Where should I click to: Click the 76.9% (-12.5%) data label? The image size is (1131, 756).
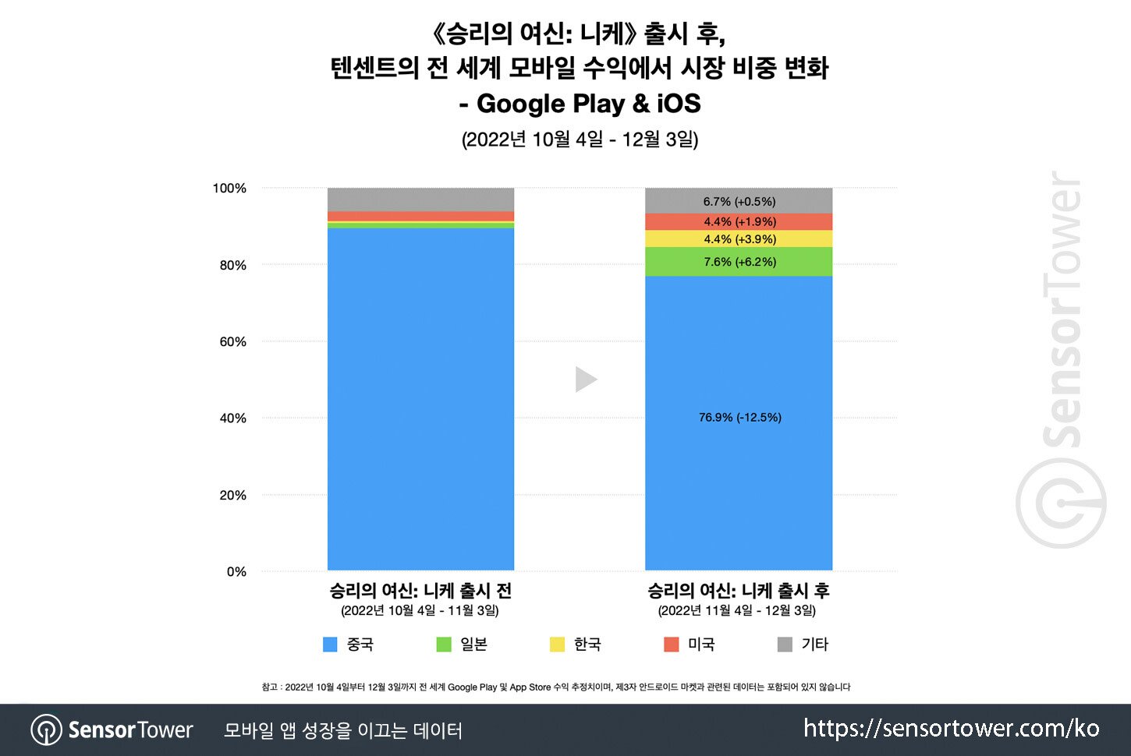click(x=739, y=418)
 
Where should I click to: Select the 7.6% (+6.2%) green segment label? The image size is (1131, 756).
click(x=739, y=262)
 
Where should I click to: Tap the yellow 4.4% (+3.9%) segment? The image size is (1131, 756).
click(x=739, y=239)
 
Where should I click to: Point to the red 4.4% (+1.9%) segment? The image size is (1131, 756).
click(x=739, y=222)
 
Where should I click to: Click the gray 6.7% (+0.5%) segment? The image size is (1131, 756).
click(x=739, y=202)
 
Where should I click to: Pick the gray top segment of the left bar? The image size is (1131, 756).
click(x=420, y=200)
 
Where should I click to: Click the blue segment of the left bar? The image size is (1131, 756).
click(x=420, y=397)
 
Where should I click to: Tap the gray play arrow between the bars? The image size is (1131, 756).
click(x=586, y=380)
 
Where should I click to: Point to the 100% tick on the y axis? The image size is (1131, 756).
click(x=229, y=189)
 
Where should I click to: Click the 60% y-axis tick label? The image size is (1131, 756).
click(x=232, y=342)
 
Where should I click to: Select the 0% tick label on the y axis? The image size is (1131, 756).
click(x=236, y=572)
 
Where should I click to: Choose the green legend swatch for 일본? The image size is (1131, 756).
click(x=444, y=645)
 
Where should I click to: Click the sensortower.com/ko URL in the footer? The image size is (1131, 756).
click(x=951, y=729)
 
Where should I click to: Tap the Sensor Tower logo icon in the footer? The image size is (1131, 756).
click(x=46, y=730)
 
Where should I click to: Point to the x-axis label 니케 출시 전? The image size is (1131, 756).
click(x=420, y=591)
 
